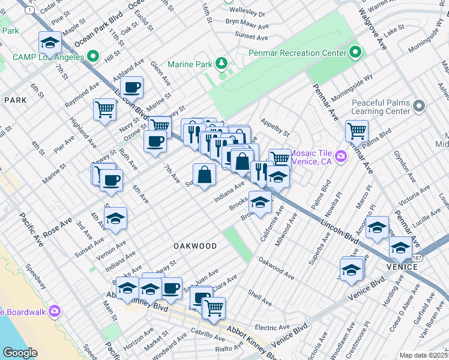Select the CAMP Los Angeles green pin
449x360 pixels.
(x=93, y=56)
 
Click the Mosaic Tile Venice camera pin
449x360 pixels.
(x=341, y=157)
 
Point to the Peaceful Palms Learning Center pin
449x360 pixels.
(x=418, y=106)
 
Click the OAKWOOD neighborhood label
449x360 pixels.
(x=195, y=246)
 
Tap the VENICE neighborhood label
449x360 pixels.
(x=402, y=266)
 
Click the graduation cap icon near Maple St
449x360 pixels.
(x=50, y=43)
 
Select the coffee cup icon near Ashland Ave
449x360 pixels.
(x=131, y=88)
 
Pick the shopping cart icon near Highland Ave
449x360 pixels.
(x=104, y=110)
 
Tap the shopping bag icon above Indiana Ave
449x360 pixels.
(x=204, y=175)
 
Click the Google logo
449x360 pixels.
(x=20, y=353)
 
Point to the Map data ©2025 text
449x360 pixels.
(x=423, y=355)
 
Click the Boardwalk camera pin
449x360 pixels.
(x=55, y=311)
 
